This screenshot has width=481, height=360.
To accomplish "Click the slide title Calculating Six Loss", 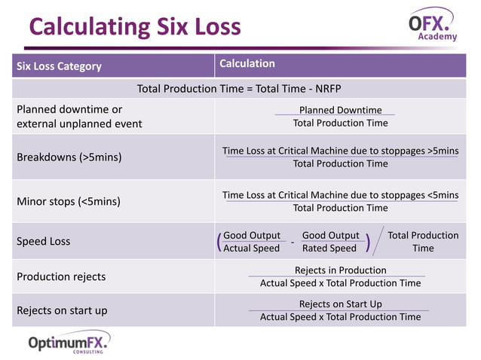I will tap(135, 28).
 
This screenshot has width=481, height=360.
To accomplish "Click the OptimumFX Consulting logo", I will tap(69, 343).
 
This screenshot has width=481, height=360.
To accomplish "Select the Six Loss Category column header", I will tap(59, 66).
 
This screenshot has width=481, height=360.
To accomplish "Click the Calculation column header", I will tap(247, 64).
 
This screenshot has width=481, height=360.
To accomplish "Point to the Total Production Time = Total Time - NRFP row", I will tap(239, 89).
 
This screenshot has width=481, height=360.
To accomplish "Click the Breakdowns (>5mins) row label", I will tap(69, 157).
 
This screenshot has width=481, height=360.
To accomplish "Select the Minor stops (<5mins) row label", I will tap(69, 201).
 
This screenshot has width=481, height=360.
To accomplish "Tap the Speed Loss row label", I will tap(44, 242).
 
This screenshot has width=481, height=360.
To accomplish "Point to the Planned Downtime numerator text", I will tap(340, 110).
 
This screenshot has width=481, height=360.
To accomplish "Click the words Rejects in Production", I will tap(340, 270).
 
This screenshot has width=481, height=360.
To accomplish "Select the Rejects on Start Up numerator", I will tap(340, 304).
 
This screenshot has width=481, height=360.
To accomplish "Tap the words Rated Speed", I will tap(329, 249).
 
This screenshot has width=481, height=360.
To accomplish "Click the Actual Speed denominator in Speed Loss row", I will tap(251, 249).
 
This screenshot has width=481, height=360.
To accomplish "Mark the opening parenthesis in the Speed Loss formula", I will tap(219, 242).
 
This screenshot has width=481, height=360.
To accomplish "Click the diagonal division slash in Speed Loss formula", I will tap(378, 241).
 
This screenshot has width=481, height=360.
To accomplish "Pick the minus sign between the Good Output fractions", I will tap(292, 243).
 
